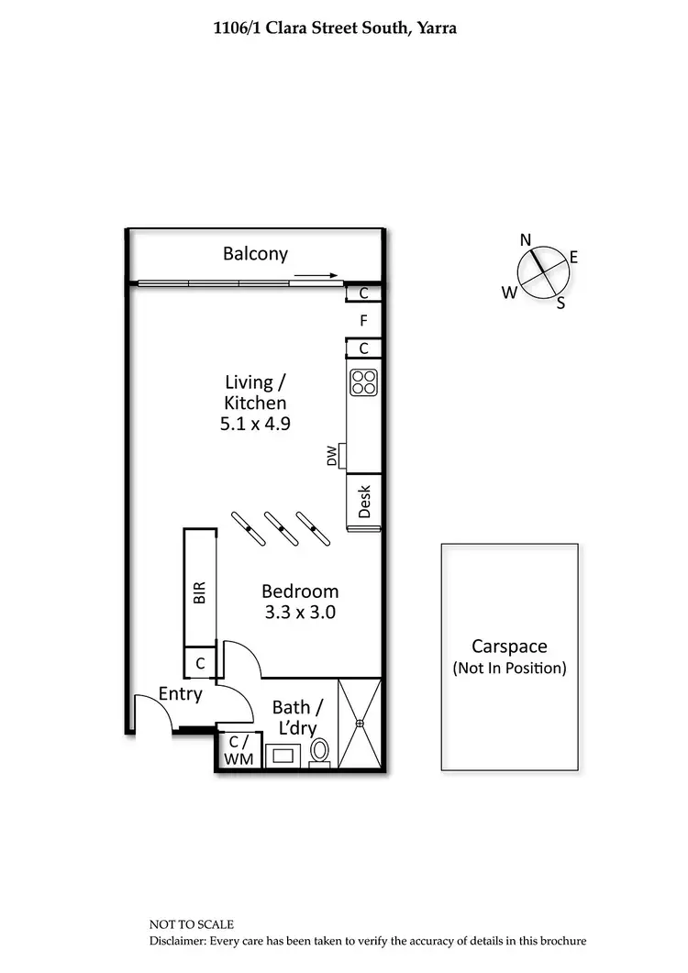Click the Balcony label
tap(256, 254)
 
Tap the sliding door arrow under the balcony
tap(317, 274)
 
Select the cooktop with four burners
tap(363, 381)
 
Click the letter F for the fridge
tap(363, 321)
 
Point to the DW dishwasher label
tap(332, 456)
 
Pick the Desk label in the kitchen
tap(363, 502)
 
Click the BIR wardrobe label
tap(199, 592)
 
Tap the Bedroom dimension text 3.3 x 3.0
tap(299, 613)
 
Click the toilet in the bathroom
tap(320, 751)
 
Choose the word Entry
tap(180, 693)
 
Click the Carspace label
tap(509, 647)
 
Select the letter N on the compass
tap(526, 239)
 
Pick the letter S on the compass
tap(560, 304)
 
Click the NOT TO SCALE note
tap(192, 924)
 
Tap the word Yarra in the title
tap(434, 28)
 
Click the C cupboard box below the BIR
tap(199, 662)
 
